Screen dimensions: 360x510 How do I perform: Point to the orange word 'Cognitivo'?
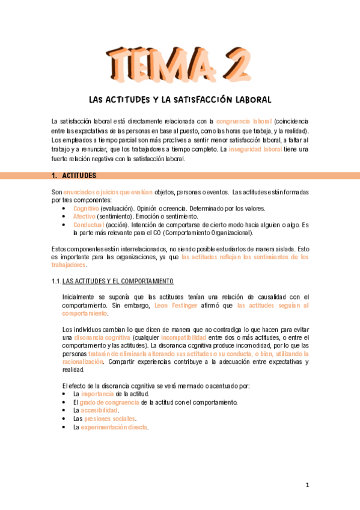(x=86, y=207)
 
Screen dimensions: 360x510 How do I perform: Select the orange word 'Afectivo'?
(x=84, y=216)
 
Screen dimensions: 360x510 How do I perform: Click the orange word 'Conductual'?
(x=88, y=224)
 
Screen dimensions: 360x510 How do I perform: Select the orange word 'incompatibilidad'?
(x=185, y=338)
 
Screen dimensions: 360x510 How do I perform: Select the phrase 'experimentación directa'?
(x=114, y=427)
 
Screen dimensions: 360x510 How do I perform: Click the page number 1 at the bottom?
(x=307, y=485)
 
